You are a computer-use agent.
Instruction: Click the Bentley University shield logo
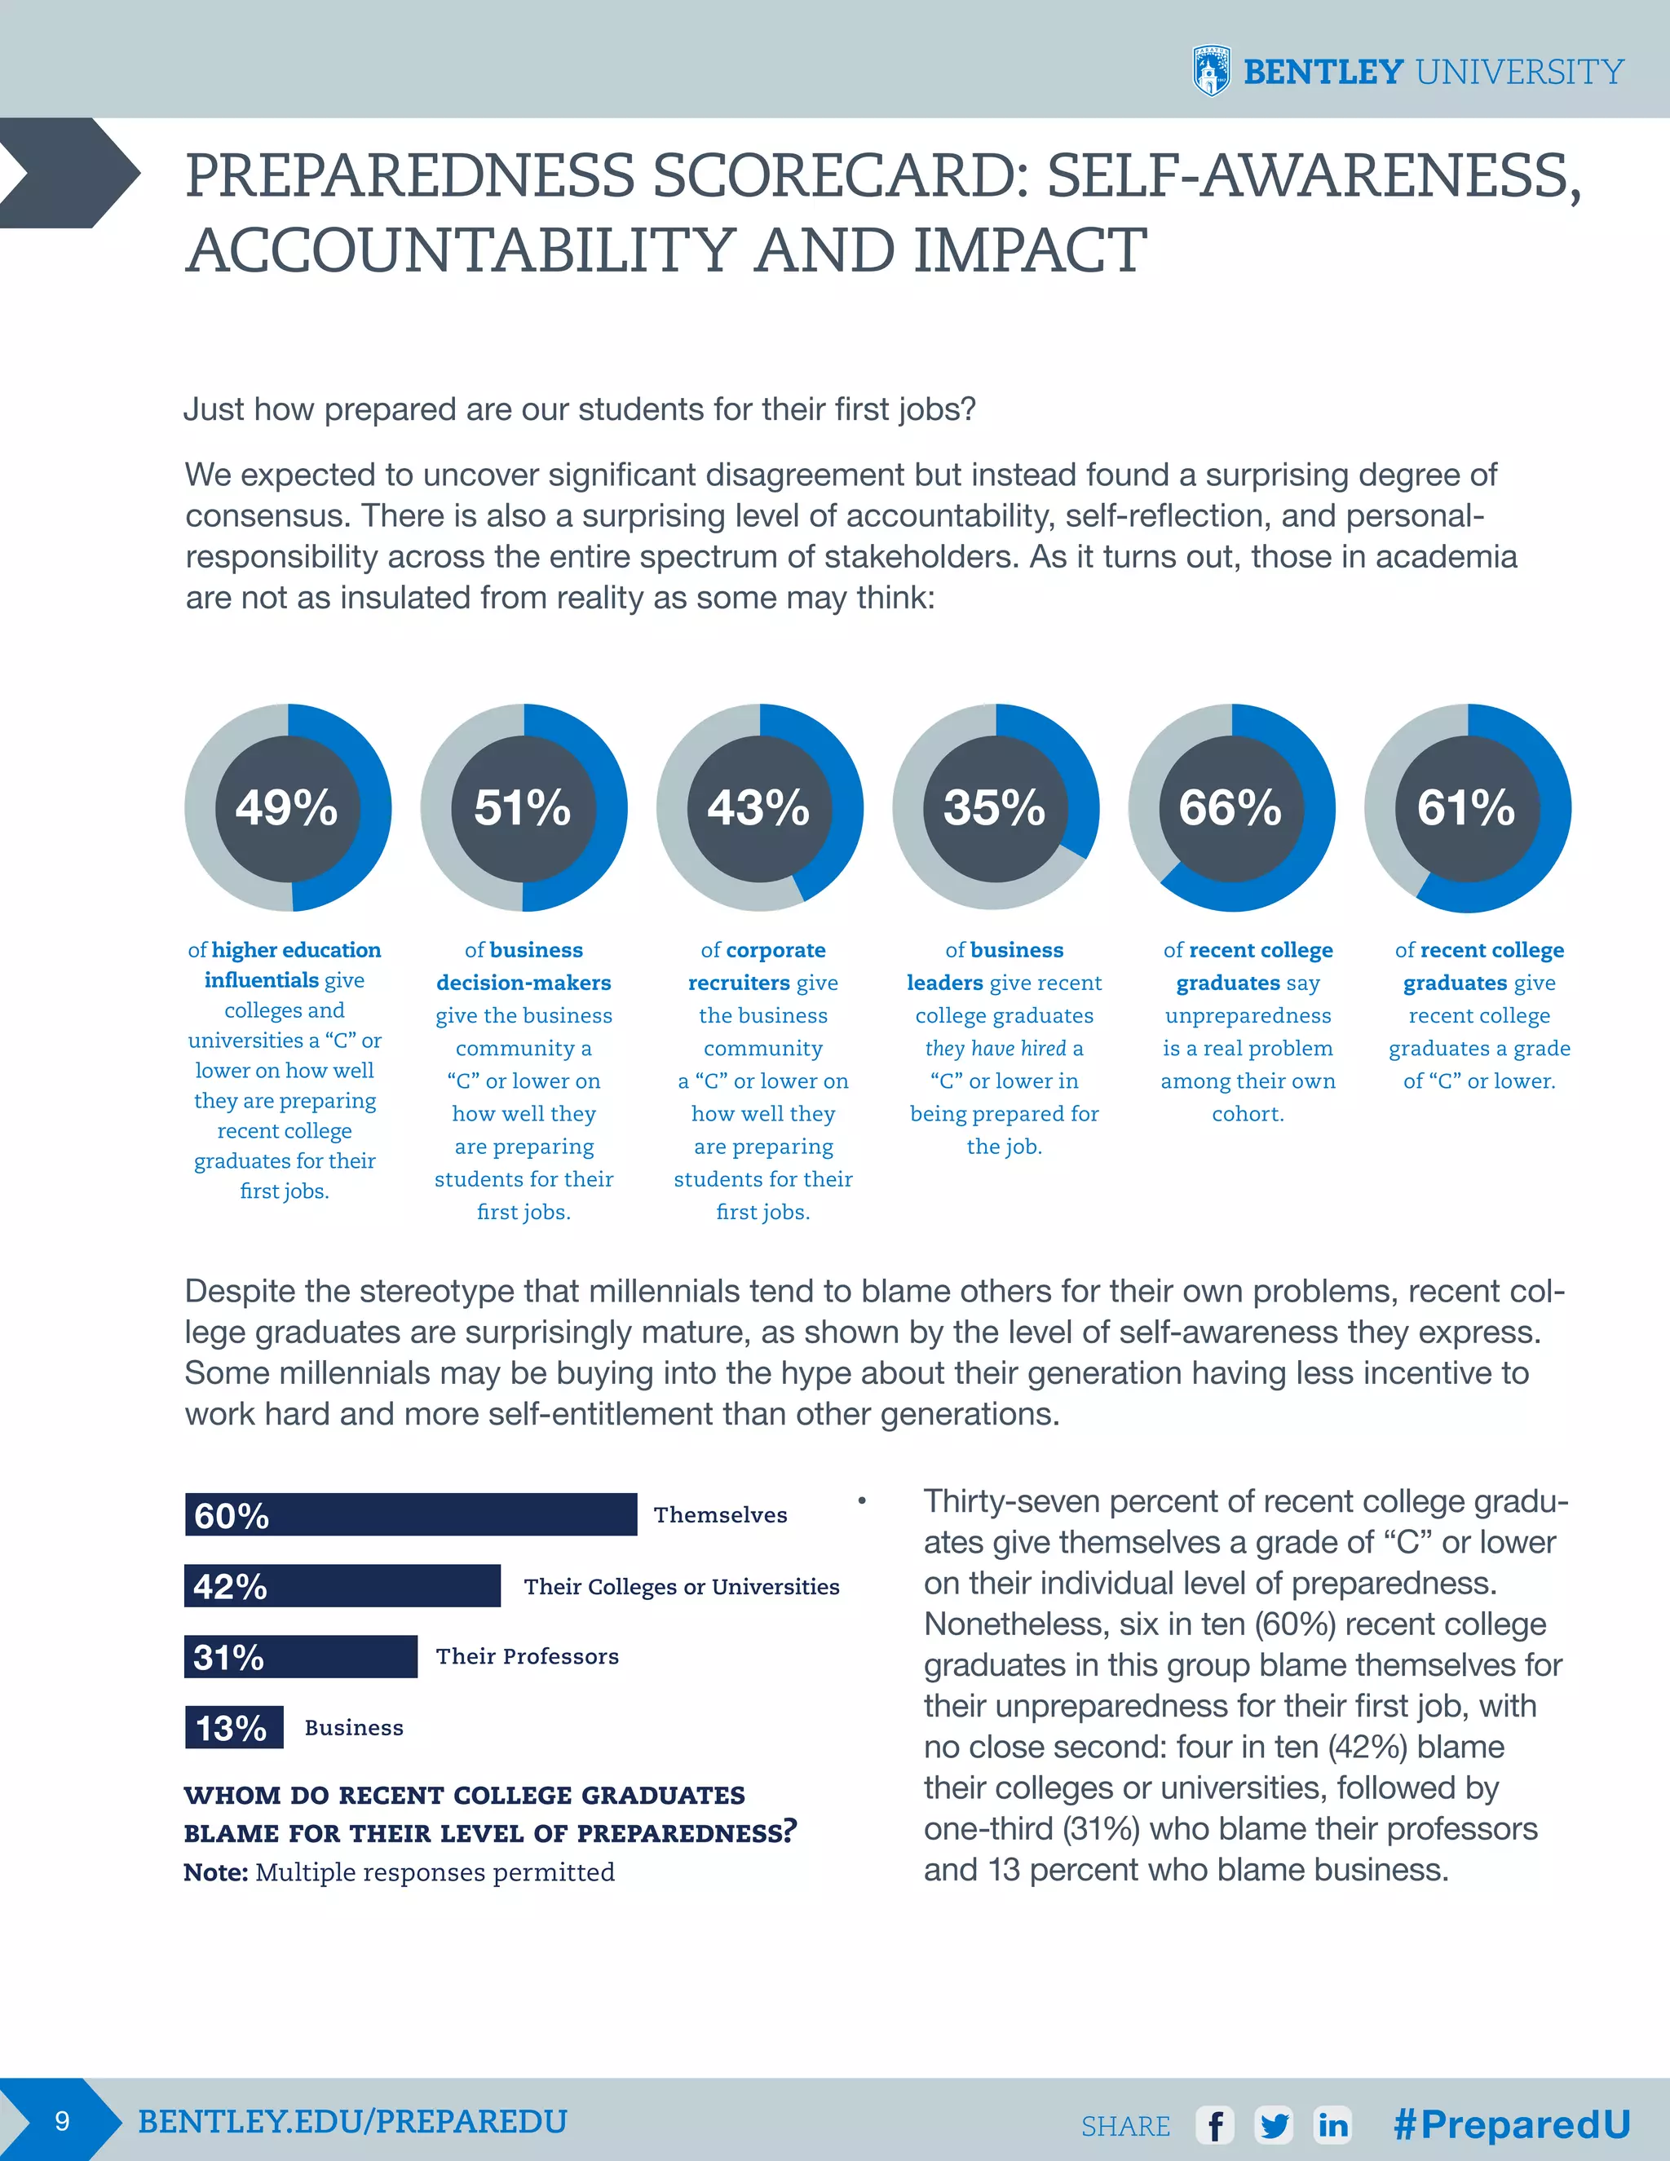click(x=1211, y=71)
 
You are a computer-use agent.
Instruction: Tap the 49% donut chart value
click(x=287, y=807)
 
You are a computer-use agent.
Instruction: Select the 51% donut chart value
click(x=523, y=807)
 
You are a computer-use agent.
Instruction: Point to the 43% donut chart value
click(x=759, y=807)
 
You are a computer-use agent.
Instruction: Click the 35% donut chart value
click(x=994, y=807)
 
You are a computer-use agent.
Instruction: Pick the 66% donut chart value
click(x=1230, y=807)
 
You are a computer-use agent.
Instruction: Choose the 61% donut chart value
click(x=1466, y=807)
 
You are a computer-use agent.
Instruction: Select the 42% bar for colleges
click(x=342, y=1586)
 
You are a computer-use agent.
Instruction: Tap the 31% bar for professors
click(x=301, y=1656)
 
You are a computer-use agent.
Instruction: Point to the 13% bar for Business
click(x=233, y=1728)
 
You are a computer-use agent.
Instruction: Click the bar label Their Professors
click(x=528, y=1656)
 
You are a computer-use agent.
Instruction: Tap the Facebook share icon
click(x=1215, y=2124)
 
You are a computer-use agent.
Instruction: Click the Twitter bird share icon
click(x=1275, y=2124)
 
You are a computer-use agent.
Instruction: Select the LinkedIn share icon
click(x=1332, y=2124)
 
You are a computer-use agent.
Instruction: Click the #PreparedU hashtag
click(x=1512, y=2123)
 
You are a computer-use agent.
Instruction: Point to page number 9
click(x=61, y=2121)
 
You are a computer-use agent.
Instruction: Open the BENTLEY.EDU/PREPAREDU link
click(x=352, y=2121)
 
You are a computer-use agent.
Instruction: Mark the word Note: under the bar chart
click(x=215, y=1873)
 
